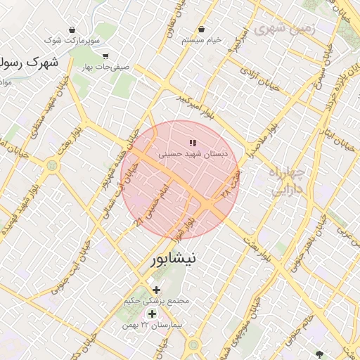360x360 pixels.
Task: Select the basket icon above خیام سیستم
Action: point(202,30)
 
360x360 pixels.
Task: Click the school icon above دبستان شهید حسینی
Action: point(193,144)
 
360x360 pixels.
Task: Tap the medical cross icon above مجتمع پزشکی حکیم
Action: point(156,290)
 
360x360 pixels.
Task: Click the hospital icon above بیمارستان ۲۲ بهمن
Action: point(152,314)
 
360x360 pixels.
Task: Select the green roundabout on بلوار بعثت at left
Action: point(51,167)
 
